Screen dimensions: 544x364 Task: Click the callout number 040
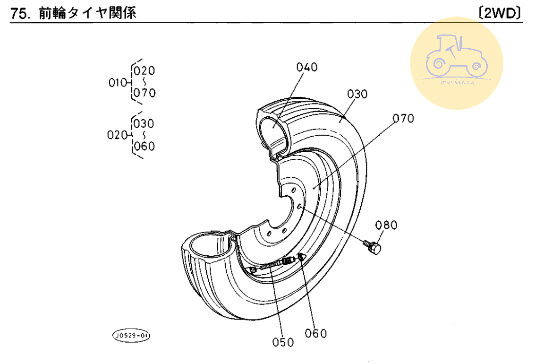point(306,67)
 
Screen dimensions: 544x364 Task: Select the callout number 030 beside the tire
point(357,94)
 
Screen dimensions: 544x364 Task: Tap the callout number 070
point(403,119)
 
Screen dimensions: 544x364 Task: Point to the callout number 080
point(386,225)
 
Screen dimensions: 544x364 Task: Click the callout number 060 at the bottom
point(316,333)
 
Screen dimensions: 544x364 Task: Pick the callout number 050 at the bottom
point(283,342)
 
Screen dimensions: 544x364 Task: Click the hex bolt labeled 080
point(373,247)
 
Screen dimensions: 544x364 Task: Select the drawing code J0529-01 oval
point(131,335)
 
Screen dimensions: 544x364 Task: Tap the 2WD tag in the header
point(500,13)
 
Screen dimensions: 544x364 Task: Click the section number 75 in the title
point(19,14)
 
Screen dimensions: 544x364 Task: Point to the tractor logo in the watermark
point(457,56)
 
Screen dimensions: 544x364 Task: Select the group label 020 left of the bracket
point(117,135)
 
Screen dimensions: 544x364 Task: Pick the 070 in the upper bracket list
point(144,93)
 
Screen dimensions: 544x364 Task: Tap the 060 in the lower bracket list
point(144,146)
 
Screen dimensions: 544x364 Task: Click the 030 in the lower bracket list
point(144,124)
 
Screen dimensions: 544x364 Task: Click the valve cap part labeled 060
point(302,257)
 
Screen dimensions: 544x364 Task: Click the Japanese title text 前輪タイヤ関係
point(87,13)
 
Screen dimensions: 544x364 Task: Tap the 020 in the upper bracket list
point(144,71)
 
